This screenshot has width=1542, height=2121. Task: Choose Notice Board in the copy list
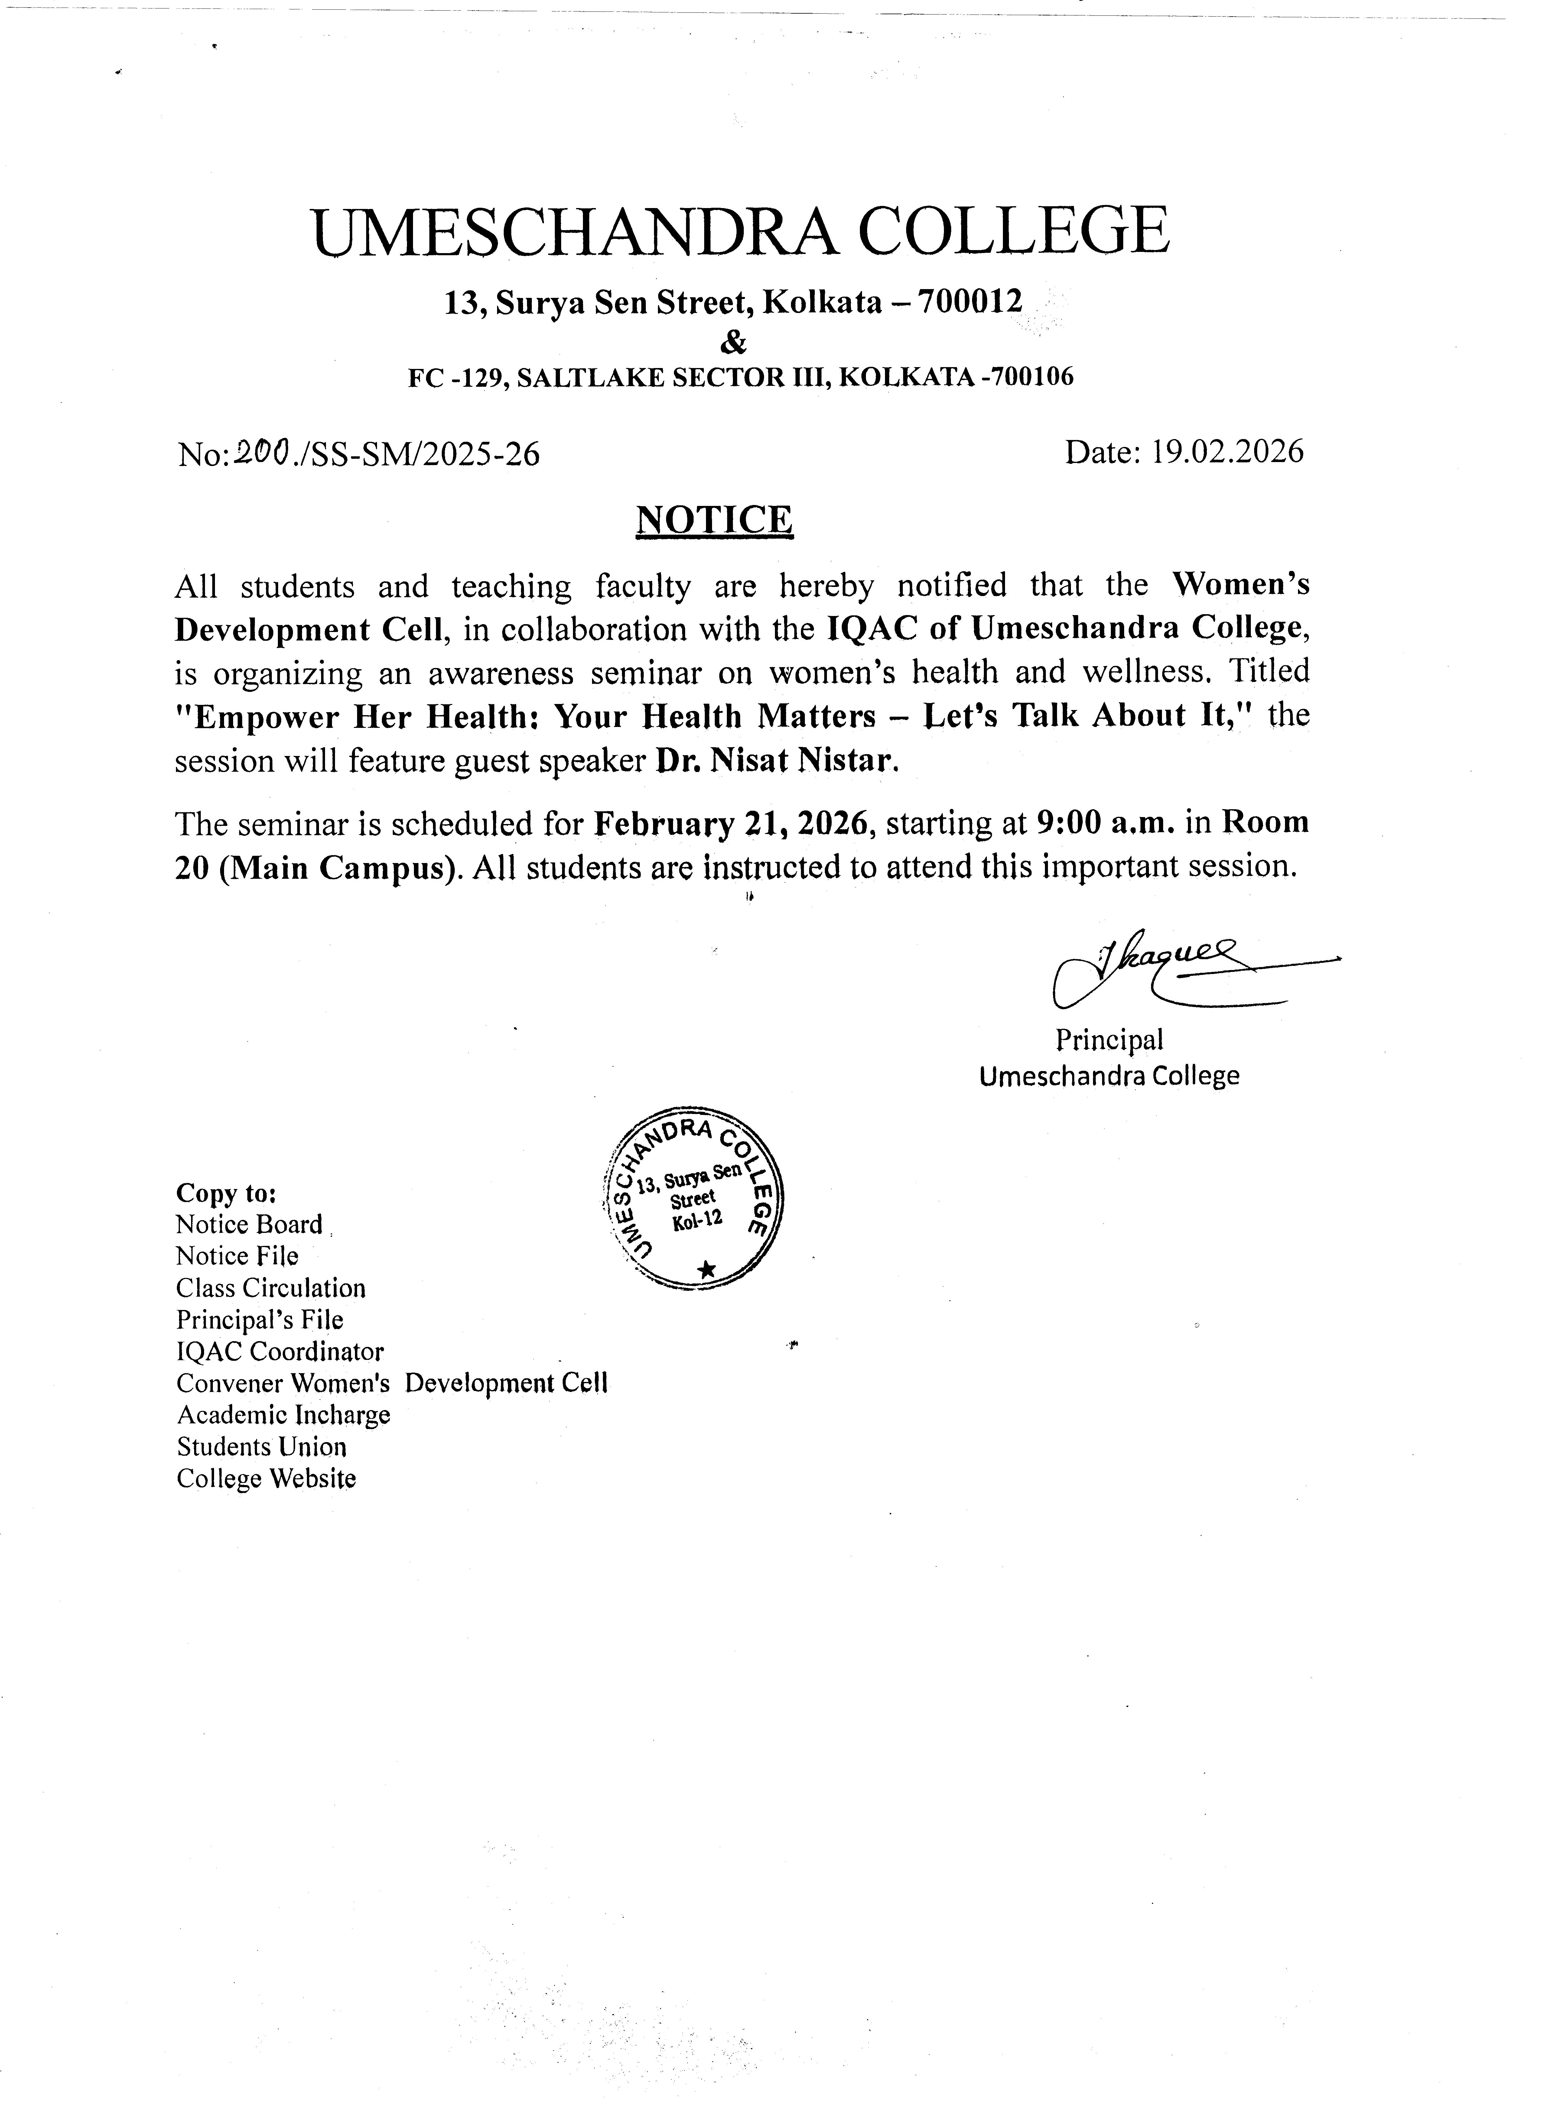pos(249,1225)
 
